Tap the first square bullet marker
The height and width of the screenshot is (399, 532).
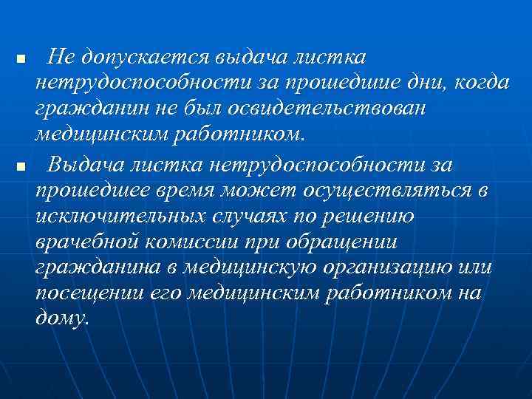(x=21, y=58)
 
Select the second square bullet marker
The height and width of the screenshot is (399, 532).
(x=21, y=164)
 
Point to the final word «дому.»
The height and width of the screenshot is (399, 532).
(x=61, y=321)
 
